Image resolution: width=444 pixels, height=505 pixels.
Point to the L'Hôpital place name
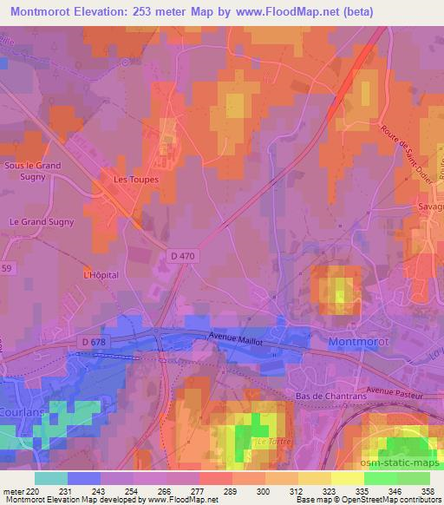100,275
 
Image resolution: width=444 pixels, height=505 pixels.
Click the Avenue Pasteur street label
395,391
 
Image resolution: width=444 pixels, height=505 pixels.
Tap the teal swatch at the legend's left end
51,478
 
